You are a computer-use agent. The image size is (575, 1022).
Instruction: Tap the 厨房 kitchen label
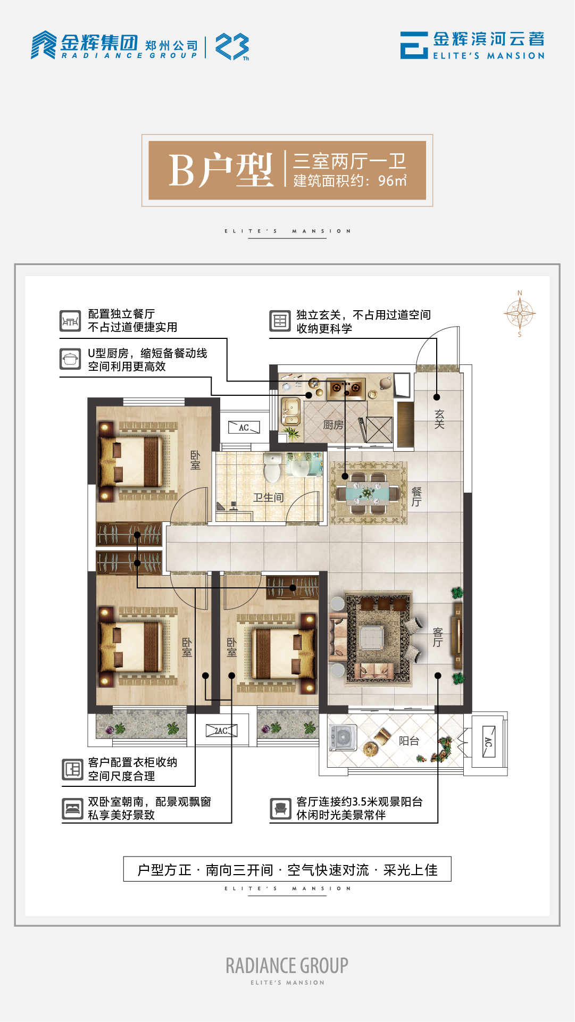click(334, 425)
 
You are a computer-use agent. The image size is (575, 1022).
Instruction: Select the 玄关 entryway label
click(439, 419)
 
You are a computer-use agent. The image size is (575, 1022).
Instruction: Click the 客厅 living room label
click(438, 637)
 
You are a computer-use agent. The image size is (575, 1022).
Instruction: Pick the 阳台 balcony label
click(409, 741)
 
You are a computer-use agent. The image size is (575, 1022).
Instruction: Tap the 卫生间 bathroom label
click(268, 497)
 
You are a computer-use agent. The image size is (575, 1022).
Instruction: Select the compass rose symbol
click(520, 314)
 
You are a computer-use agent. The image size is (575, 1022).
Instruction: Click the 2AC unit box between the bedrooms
click(221, 731)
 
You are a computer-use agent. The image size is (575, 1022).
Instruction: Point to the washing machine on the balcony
click(343, 737)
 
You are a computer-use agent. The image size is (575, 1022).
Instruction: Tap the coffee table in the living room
click(371, 637)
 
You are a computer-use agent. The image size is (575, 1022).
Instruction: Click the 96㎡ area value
click(393, 181)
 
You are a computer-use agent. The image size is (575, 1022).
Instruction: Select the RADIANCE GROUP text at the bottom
click(287, 965)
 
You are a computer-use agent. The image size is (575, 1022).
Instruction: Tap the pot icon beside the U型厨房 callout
click(70, 359)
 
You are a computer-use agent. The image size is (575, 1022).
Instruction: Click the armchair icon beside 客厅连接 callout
click(280, 809)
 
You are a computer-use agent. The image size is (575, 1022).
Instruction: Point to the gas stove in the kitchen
click(345, 388)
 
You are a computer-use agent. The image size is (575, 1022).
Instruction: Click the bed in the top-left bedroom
click(132, 461)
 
